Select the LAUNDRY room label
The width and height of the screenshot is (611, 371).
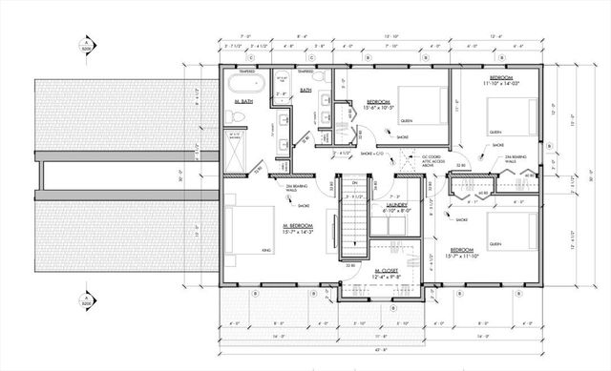(x=397, y=204)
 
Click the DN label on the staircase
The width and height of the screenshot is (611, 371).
(x=352, y=182)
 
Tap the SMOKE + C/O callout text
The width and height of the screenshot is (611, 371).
(x=372, y=153)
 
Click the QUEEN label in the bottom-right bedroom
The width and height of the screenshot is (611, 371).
(x=495, y=244)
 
